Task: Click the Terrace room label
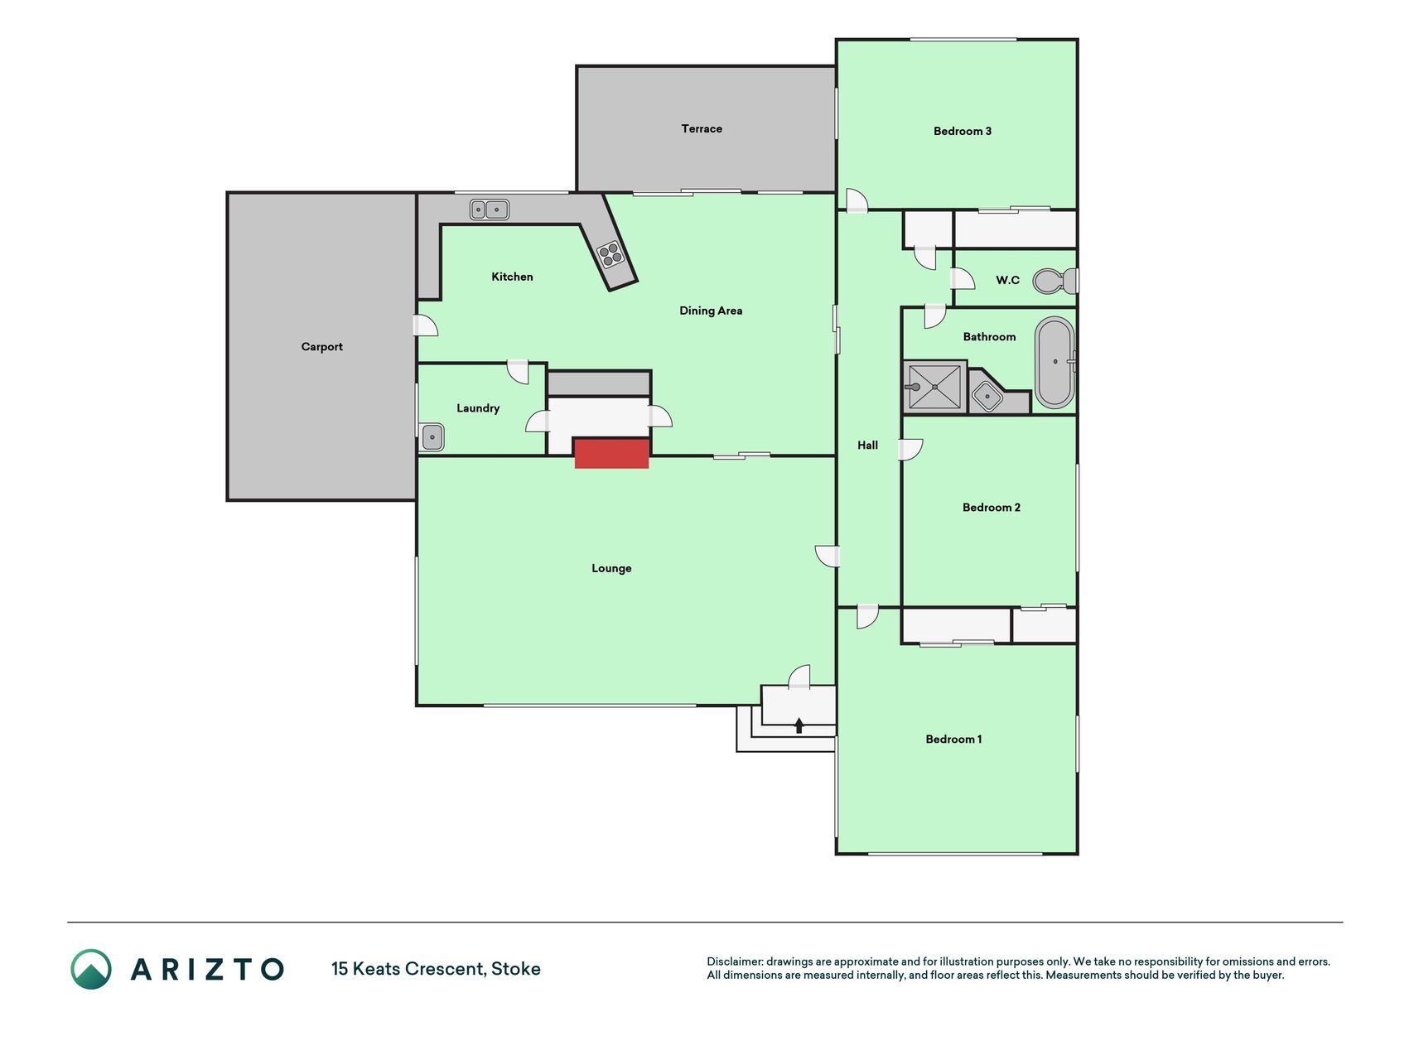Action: (702, 128)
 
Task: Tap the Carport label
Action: (321, 347)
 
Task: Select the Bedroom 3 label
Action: (962, 131)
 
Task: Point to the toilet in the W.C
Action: (1055, 282)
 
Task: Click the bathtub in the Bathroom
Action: (1054, 362)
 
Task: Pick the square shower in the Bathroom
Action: (935, 386)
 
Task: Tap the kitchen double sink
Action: (489, 210)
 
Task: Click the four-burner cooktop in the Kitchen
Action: (610, 254)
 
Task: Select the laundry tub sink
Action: (432, 436)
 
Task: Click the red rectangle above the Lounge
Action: (611, 454)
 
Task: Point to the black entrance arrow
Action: (799, 725)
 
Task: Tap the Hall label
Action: (867, 446)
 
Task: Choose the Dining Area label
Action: (711, 311)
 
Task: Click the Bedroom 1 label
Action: (953, 740)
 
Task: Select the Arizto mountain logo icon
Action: (91, 969)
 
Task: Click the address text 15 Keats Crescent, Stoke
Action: (436, 969)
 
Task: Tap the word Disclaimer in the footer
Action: (734, 961)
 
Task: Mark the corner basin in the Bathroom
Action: (987, 397)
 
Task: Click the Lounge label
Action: (611, 568)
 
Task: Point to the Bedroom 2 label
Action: (991, 508)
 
